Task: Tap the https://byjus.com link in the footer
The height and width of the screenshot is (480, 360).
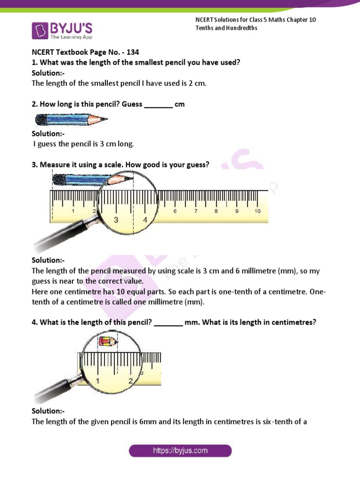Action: (x=180, y=451)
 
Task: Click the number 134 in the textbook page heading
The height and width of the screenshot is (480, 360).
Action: (x=133, y=52)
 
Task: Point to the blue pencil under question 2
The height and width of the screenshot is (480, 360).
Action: (x=70, y=121)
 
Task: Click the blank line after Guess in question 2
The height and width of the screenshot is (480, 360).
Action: (x=158, y=104)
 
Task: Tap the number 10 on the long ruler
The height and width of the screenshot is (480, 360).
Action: (x=257, y=211)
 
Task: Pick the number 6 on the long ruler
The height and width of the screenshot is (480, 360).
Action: (x=175, y=211)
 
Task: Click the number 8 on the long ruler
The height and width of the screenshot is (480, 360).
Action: (x=216, y=211)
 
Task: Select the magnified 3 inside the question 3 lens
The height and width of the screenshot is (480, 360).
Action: (x=115, y=219)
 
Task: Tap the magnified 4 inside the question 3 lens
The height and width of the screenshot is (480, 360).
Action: (x=145, y=219)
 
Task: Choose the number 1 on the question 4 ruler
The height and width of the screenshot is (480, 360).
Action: (x=97, y=381)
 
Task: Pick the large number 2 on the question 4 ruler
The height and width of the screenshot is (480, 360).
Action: (x=130, y=381)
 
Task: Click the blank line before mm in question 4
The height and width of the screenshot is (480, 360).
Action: (x=168, y=322)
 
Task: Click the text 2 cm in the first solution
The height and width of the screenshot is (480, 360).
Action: (x=196, y=83)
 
